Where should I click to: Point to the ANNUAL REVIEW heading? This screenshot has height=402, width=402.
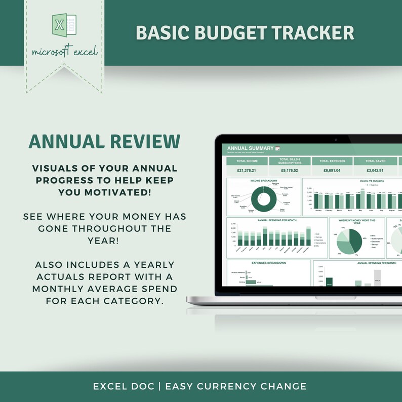tap(104, 141)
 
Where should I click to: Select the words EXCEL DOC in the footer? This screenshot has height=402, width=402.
tap(123, 386)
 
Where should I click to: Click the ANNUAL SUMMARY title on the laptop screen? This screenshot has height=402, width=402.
tap(250, 148)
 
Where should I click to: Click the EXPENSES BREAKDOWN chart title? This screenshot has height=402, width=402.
tap(269, 263)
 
